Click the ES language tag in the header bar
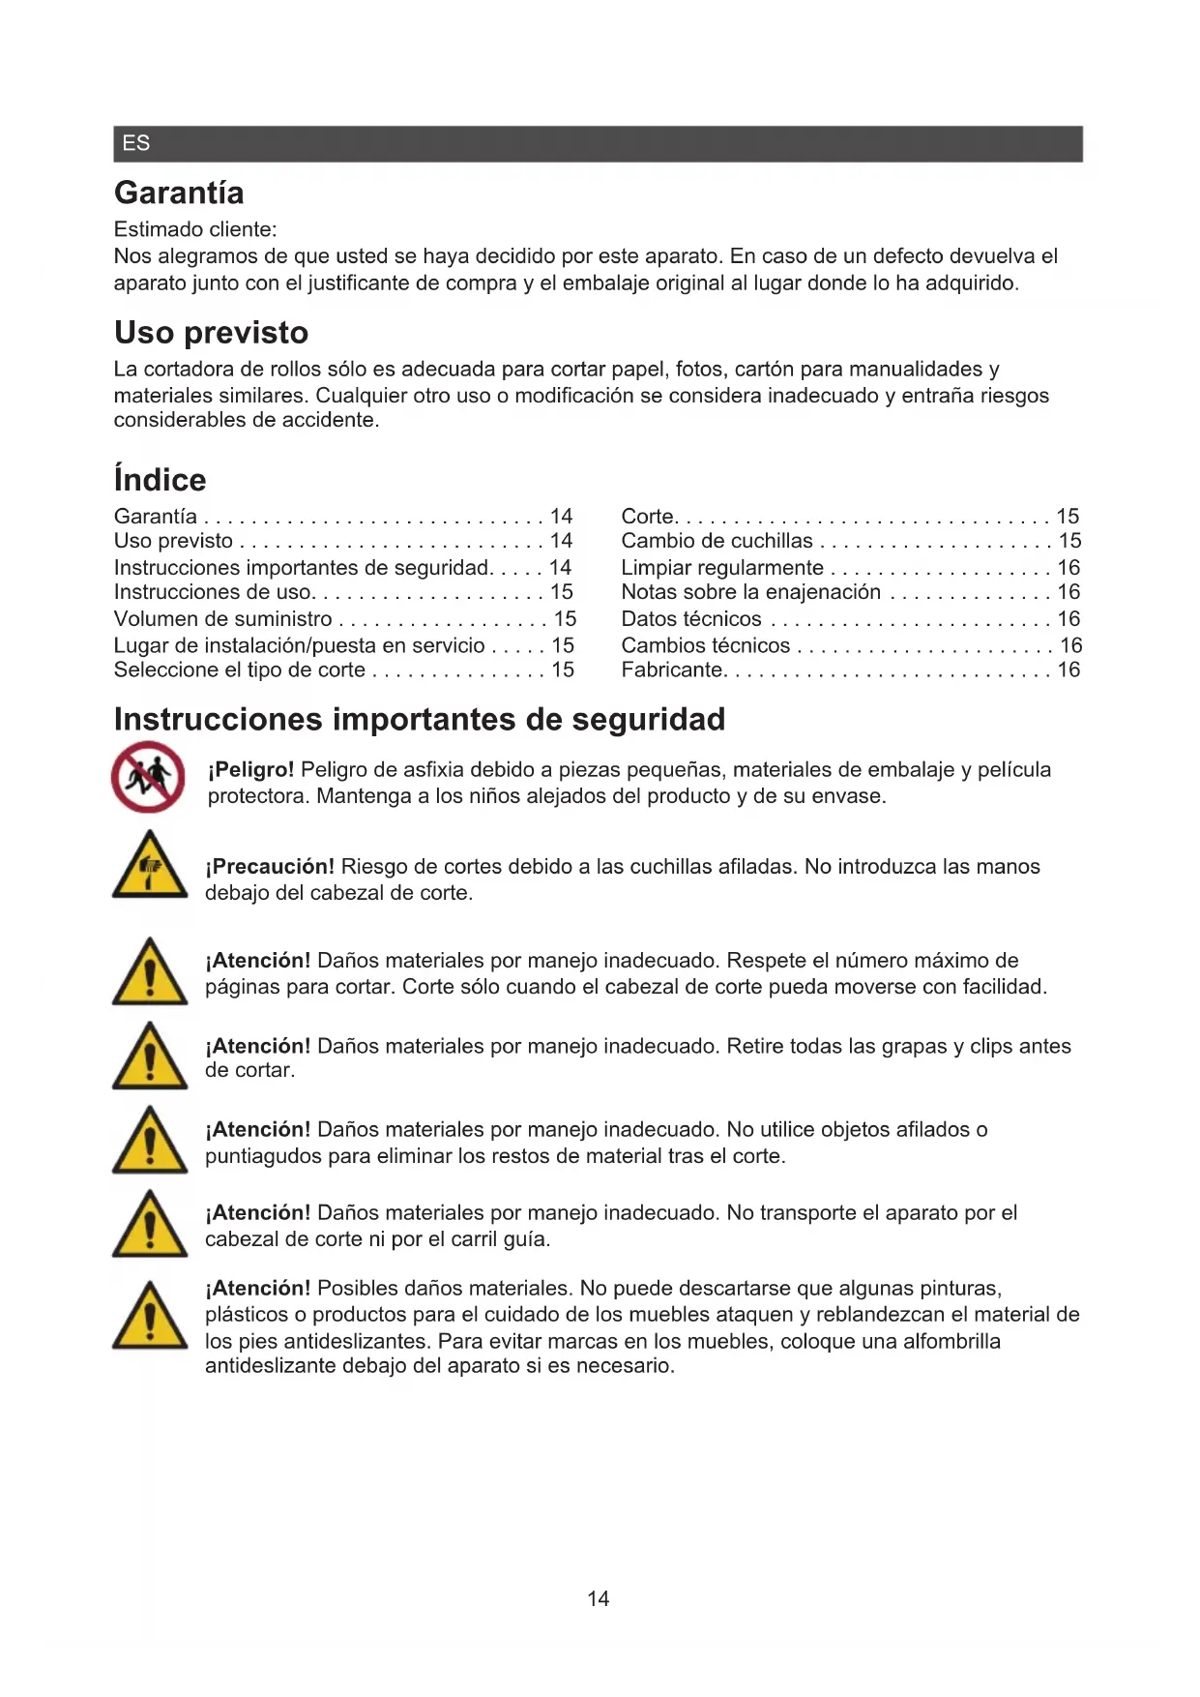(135, 143)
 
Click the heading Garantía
(179, 193)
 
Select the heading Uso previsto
(211, 332)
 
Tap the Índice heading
(160, 479)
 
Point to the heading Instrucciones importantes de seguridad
(419, 719)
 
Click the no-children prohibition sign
(148, 776)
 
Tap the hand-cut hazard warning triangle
(150, 865)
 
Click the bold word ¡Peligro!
(250, 769)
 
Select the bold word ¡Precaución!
(270, 866)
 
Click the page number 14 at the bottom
(598, 1598)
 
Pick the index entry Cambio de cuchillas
(717, 541)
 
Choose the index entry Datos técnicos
(690, 618)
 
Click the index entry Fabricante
(672, 670)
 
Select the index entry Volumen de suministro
(222, 618)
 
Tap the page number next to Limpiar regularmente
(1068, 567)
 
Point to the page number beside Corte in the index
(1067, 516)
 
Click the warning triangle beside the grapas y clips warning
(150, 1057)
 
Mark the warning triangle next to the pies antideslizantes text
(150, 1316)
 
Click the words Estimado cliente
(194, 229)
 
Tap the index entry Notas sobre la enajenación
(750, 592)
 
